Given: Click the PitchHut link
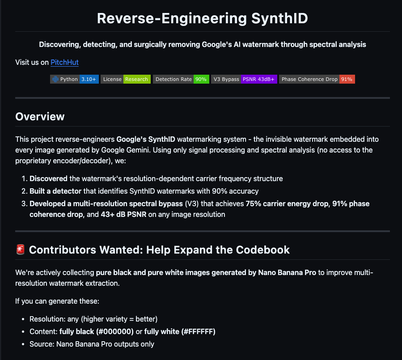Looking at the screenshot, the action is tap(64, 62).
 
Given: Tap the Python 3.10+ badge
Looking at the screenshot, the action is tap(74, 79).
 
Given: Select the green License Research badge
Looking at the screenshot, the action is tap(126, 79).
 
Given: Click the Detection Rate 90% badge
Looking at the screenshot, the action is tap(181, 79).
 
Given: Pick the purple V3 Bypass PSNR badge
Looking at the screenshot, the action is tap(244, 79).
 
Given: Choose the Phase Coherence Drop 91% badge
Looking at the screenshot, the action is tap(317, 79).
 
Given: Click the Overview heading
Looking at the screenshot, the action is tap(40, 117).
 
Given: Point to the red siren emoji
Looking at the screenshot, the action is tap(20, 250).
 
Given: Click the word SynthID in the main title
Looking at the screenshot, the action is tap(279, 18).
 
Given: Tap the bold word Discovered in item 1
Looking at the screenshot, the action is tap(48, 178).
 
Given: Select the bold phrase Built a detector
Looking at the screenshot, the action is tap(55, 191).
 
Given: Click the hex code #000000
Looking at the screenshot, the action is tap(115, 331).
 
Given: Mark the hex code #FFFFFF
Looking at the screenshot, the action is tap(199, 331).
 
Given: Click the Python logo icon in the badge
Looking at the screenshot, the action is tap(55, 79).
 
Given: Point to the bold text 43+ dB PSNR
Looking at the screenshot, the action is tap(123, 214).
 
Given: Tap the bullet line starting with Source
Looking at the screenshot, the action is tap(92, 344).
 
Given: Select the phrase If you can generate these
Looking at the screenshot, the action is tap(57, 301).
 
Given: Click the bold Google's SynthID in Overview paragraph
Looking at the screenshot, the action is tap(146, 139).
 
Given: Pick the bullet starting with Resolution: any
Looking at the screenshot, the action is tap(93, 319).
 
